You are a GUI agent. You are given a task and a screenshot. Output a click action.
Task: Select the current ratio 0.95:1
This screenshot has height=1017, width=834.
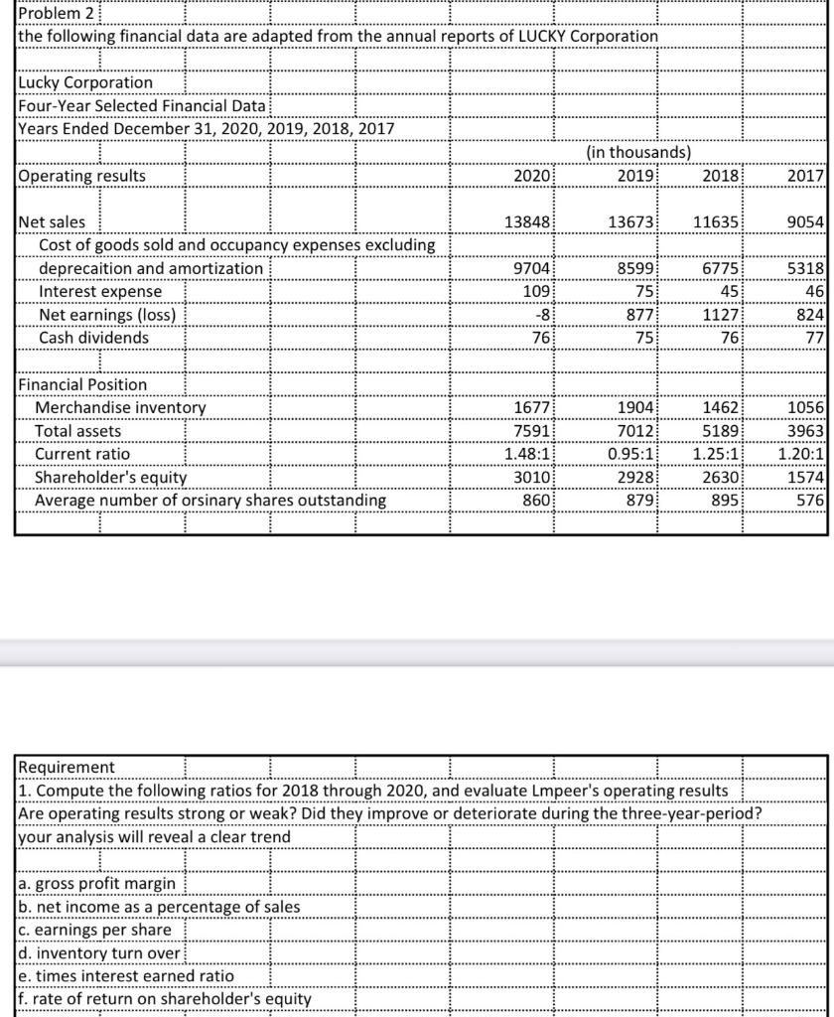tap(625, 454)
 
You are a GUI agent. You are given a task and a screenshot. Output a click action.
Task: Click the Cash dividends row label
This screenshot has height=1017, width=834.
tap(93, 338)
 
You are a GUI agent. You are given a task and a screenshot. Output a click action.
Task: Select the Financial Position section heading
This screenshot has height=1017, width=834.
tap(82, 384)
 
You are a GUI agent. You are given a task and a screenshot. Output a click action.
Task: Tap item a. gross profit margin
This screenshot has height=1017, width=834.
tap(97, 883)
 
